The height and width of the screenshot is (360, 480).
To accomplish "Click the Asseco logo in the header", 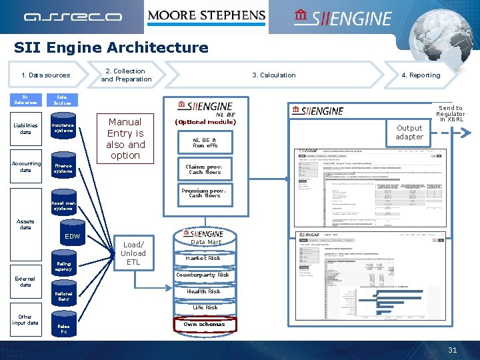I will pos(73,17).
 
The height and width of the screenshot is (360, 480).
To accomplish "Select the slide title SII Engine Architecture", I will pos(111,47).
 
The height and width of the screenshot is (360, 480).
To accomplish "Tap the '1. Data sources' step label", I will pos(45,75).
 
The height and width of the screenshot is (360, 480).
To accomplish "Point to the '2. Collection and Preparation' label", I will pos(126,75).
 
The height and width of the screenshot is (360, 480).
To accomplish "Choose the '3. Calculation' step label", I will pos(273,75).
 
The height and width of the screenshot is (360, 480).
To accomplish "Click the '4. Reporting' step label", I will pos(421,75).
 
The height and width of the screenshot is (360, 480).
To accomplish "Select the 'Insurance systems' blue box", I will pos(63,127).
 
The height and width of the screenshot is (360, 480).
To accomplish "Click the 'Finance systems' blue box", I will pos(63,169).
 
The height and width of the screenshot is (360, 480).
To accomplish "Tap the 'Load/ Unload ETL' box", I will pos(133,253).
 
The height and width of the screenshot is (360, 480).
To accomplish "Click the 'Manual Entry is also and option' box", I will pos(125,139).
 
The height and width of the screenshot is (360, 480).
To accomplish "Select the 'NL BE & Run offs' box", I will pos(205,142).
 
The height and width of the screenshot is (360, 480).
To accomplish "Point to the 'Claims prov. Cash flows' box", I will pos(204,169).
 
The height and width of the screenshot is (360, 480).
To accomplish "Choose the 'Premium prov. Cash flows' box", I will pos(204,193).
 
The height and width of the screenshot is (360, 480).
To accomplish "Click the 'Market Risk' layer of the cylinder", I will pos(203,259).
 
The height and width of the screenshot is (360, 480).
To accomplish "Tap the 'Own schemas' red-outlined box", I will pos(204,325).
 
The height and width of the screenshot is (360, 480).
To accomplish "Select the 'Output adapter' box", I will pos(409,132).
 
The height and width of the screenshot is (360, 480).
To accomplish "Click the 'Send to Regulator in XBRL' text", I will pos(451,113).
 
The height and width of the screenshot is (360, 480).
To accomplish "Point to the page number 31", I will pos(453,351).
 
